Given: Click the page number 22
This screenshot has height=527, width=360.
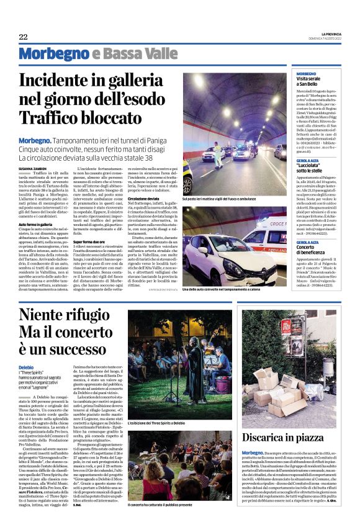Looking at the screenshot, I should click(x=23, y=37).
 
